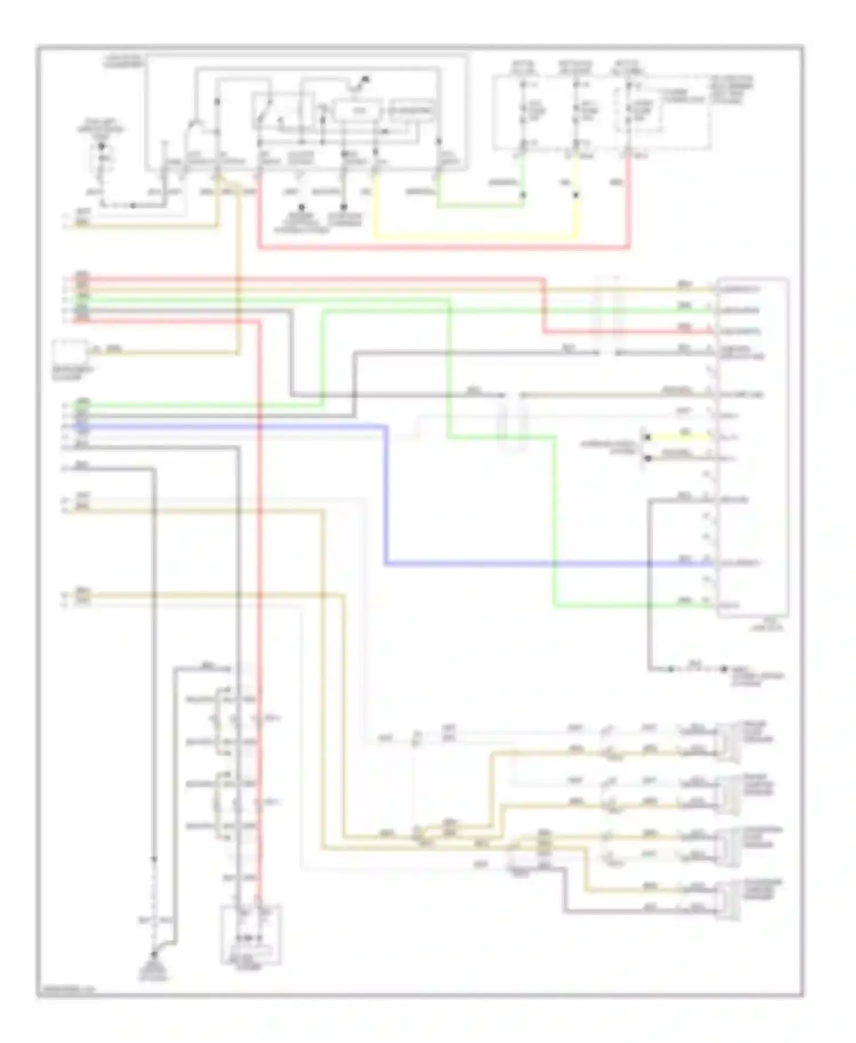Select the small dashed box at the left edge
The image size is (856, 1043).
pos(70,352)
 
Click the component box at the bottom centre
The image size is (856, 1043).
pos(251,935)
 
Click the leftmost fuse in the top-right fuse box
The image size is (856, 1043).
pos(523,112)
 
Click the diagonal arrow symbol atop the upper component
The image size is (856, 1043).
pos(361,83)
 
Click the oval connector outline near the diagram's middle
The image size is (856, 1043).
pos(513,422)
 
